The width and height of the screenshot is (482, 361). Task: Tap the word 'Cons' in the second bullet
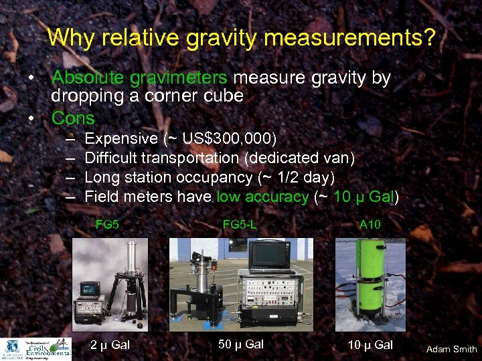pos(73,118)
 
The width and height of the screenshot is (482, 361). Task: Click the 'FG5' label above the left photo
pos(107,225)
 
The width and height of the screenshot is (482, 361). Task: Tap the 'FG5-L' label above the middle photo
pos(240,225)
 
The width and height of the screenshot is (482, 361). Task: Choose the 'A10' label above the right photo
pos(370,225)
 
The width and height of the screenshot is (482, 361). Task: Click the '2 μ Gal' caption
pos(110,345)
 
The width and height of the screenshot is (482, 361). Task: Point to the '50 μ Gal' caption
pos(241,344)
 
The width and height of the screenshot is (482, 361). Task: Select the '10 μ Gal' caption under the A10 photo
pos(370,345)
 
